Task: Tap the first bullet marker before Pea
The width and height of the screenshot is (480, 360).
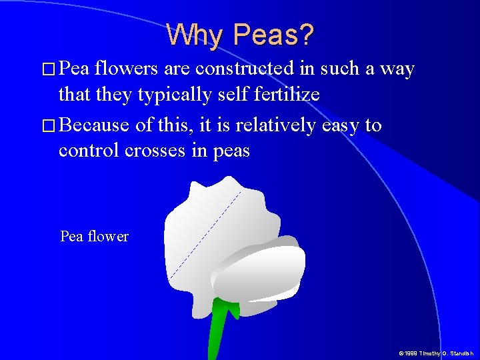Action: click(x=47, y=69)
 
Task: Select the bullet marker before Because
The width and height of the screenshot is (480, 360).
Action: click(x=47, y=125)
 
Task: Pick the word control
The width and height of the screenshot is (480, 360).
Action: click(x=89, y=151)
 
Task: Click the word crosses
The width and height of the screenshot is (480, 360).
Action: click(x=158, y=151)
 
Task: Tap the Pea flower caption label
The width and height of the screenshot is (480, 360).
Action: click(x=94, y=236)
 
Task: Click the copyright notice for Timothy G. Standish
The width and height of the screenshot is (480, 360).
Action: click(x=435, y=353)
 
